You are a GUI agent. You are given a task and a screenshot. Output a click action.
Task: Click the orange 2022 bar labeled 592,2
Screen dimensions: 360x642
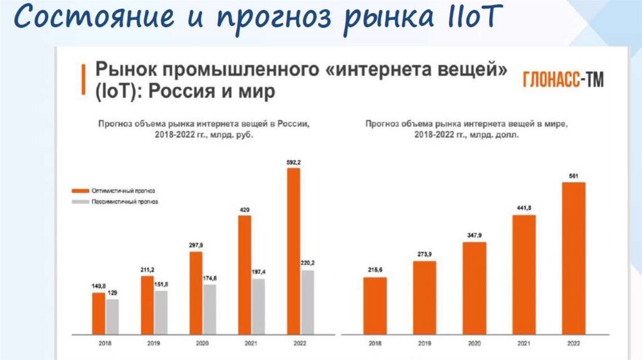[293, 251]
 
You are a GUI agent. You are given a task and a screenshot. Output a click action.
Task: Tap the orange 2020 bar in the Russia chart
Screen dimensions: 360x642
[196, 292]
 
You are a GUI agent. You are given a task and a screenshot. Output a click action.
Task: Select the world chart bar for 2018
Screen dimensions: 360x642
[375, 305]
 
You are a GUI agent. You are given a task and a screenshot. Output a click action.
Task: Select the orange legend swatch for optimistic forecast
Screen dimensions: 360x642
[80, 190]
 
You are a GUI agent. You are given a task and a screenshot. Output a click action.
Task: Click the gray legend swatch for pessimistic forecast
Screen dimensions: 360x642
[80, 202]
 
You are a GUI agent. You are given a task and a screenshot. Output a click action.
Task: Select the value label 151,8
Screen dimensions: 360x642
[162, 284]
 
